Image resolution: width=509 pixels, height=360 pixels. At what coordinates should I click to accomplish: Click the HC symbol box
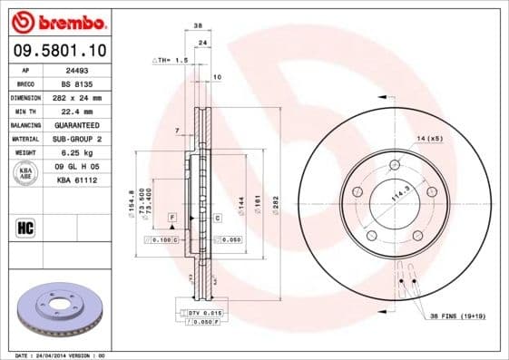25,228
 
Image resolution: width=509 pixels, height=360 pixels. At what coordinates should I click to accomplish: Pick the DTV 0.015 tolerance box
202,312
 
